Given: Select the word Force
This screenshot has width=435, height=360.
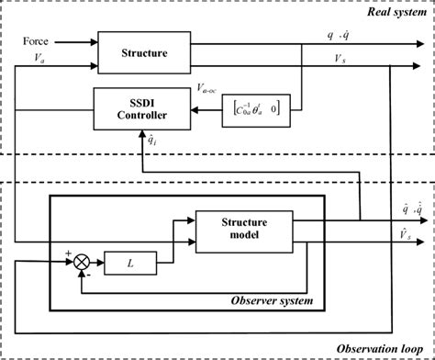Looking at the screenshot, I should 36,40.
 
